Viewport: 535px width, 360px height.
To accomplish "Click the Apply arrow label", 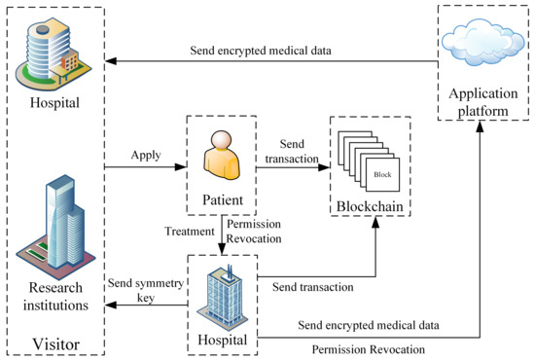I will click(145, 155).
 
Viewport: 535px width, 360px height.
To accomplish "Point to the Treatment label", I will click(191, 232).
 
